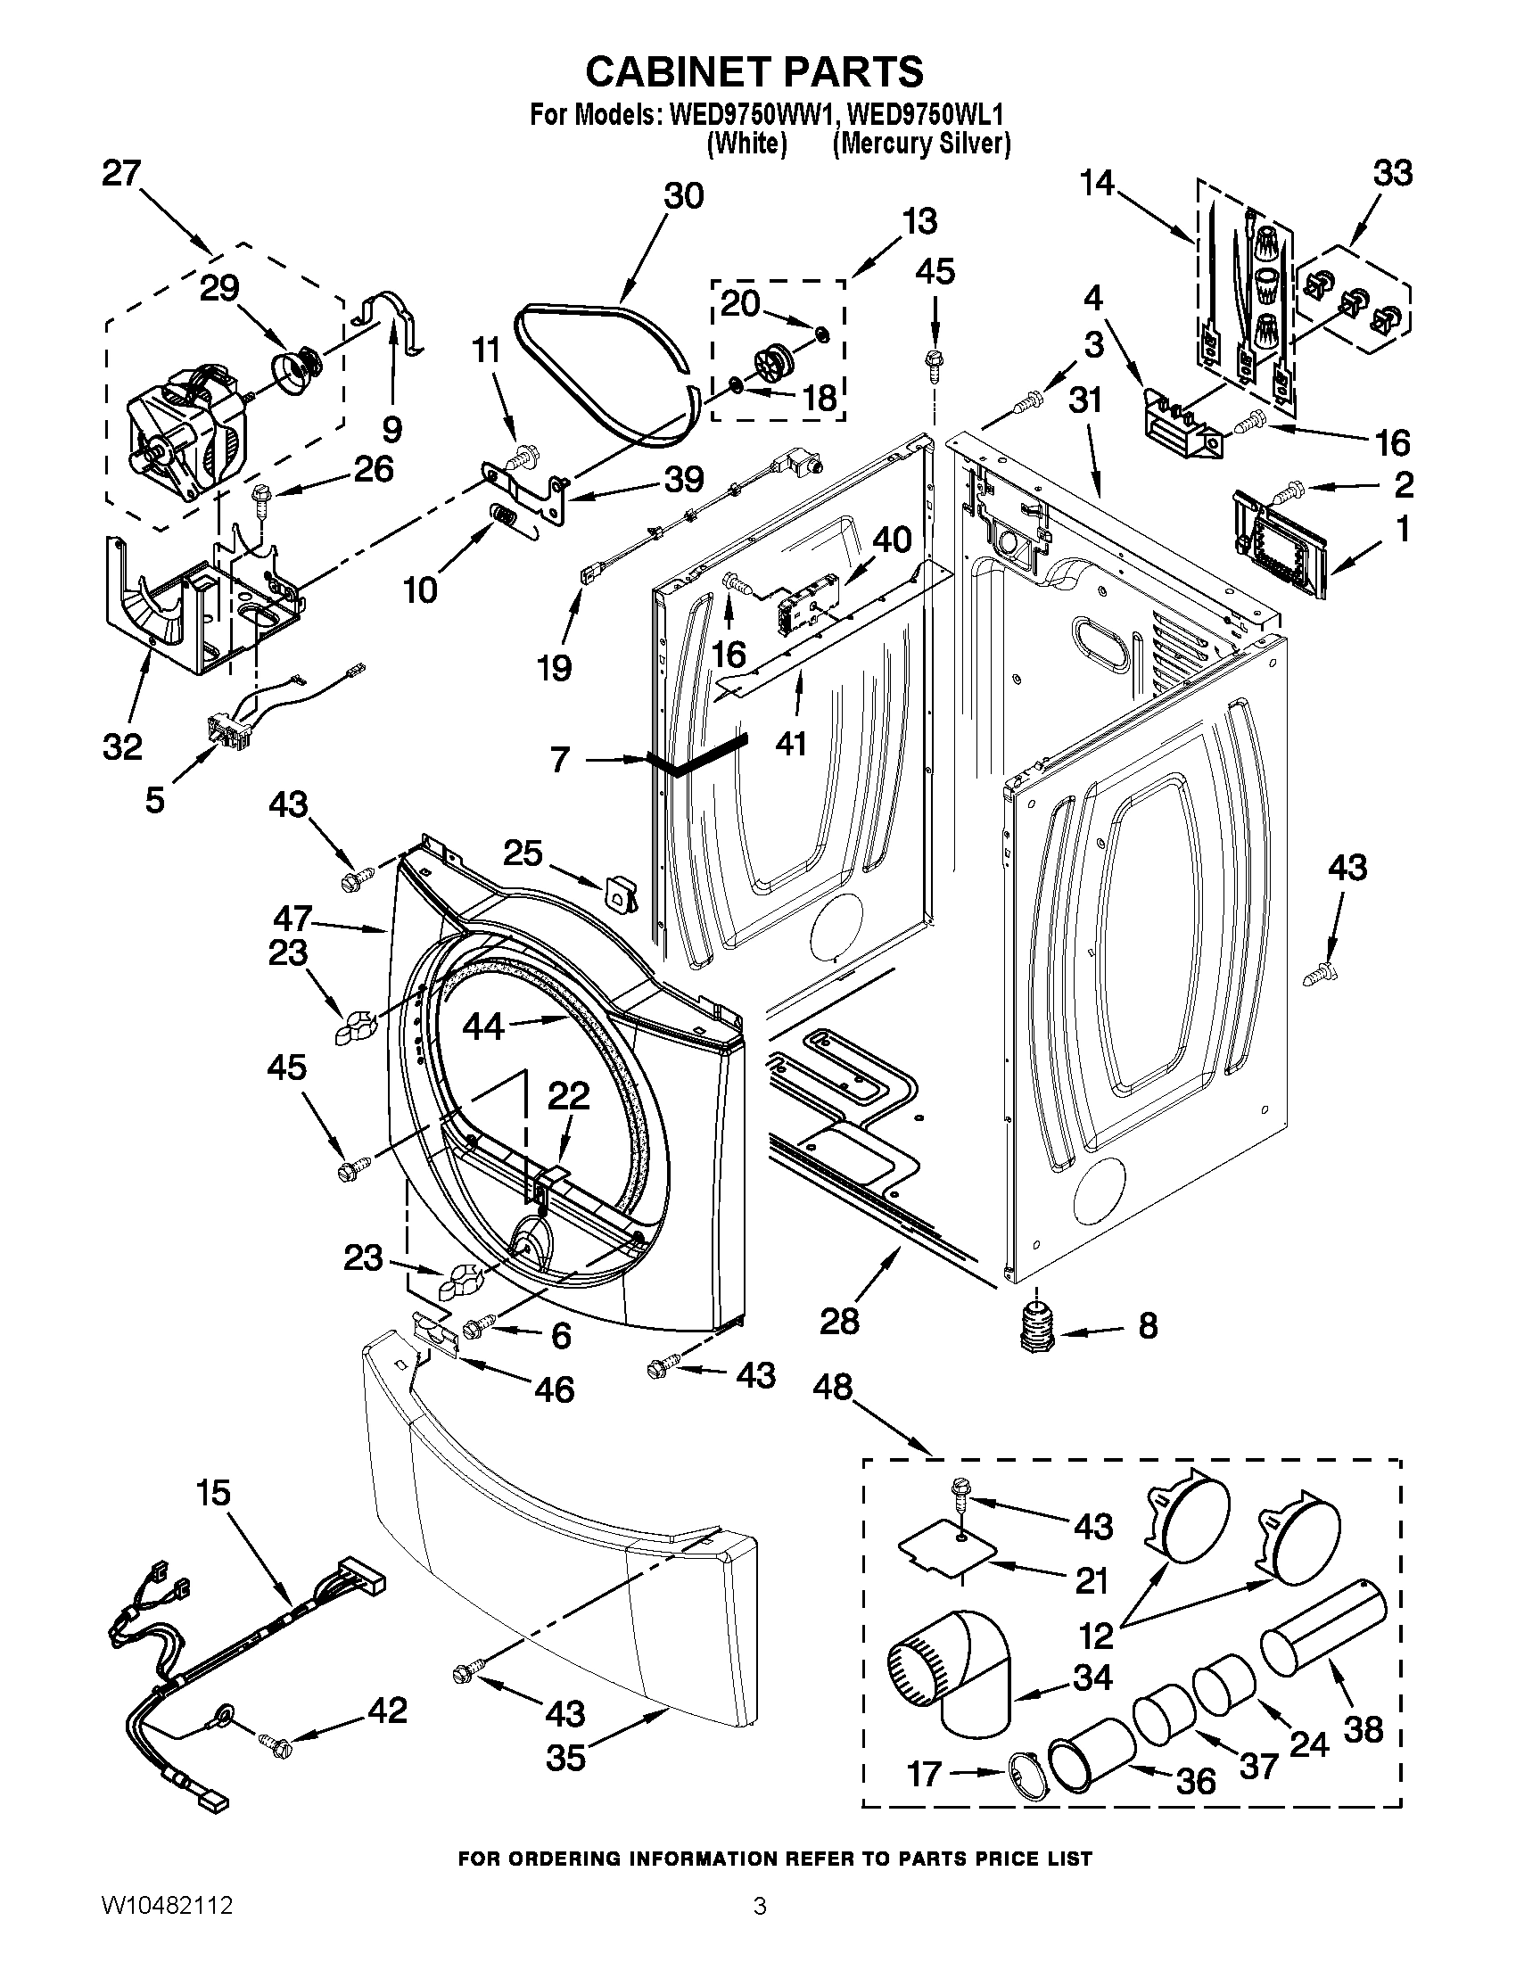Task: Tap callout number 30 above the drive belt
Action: click(683, 196)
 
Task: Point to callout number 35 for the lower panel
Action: click(565, 1758)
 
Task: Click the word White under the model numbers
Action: click(746, 144)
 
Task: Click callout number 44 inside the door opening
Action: click(482, 1025)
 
